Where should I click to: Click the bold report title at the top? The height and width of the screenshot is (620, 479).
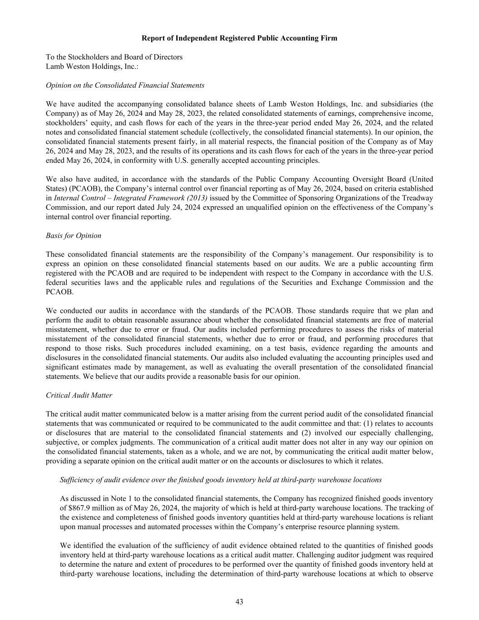click(239, 38)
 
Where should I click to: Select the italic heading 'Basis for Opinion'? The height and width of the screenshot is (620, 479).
click(74, 236)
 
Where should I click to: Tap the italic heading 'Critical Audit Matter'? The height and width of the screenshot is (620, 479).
click(79, 395)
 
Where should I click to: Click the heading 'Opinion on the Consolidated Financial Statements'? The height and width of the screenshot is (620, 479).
click(125, 85)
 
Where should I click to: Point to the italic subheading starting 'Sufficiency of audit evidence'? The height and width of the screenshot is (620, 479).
click(221, 480)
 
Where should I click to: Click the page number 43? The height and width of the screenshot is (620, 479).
click(239, 602)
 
